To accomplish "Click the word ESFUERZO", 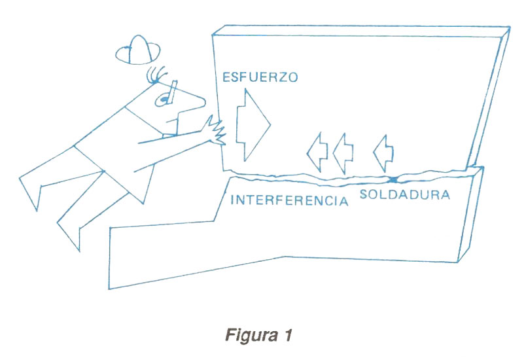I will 260,77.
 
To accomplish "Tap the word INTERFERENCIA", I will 289,200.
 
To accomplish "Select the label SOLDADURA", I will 404,194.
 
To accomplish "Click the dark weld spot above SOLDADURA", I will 393,179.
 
